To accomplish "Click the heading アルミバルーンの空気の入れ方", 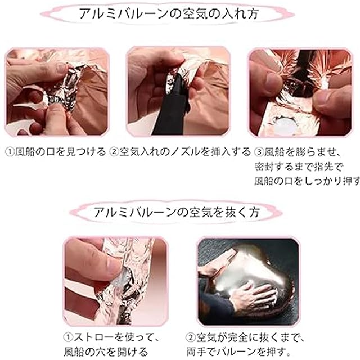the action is (x=169, y=13).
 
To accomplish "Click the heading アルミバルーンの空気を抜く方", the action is (x=177, y=212).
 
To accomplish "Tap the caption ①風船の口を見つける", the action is (x=56, y=152).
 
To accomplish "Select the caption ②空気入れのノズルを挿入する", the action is (x=180, y=152).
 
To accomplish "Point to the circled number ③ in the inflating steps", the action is (x=259, y=152).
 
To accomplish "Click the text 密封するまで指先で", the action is (x=299, y=166).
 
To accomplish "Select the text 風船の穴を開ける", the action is (x=106, y=352).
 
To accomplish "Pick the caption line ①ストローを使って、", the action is (x=111, y=337).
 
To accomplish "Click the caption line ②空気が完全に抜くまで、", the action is (x=245, y=337).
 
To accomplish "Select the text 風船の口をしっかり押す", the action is (x=307, y=181).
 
